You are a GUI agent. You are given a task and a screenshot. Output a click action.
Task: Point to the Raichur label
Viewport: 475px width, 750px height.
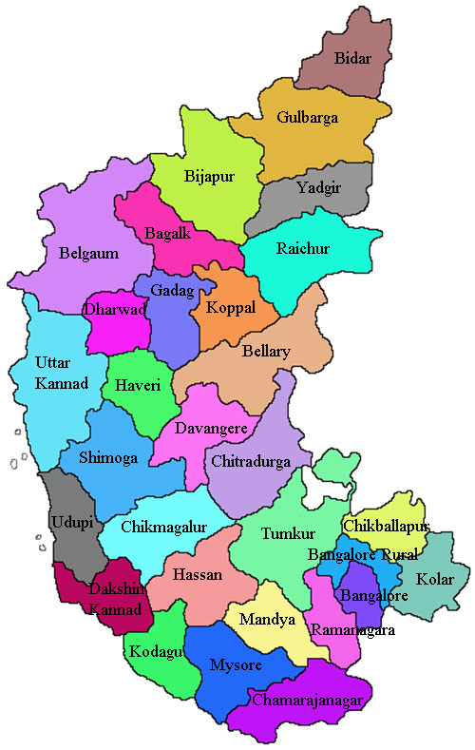pyautogui.click(x=303, y=249)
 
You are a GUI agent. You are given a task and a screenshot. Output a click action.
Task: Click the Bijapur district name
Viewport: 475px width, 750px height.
pyautogui.click(x=209, y=176)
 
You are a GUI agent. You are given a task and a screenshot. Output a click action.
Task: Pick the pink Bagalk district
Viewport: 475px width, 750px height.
pyautogui.click(x=168, y=232)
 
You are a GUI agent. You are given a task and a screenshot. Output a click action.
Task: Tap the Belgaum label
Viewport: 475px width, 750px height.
pyautogui.click(x=88, y=254)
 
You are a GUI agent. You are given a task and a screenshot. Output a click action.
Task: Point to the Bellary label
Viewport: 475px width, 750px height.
pyautogui.click(x=266, y=352)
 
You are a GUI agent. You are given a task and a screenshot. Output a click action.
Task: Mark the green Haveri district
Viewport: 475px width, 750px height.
pyautogui.click(x=131, y=386)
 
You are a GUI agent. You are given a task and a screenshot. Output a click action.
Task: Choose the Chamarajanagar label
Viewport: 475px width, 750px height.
pyautogui.click(x=308, y=700)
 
